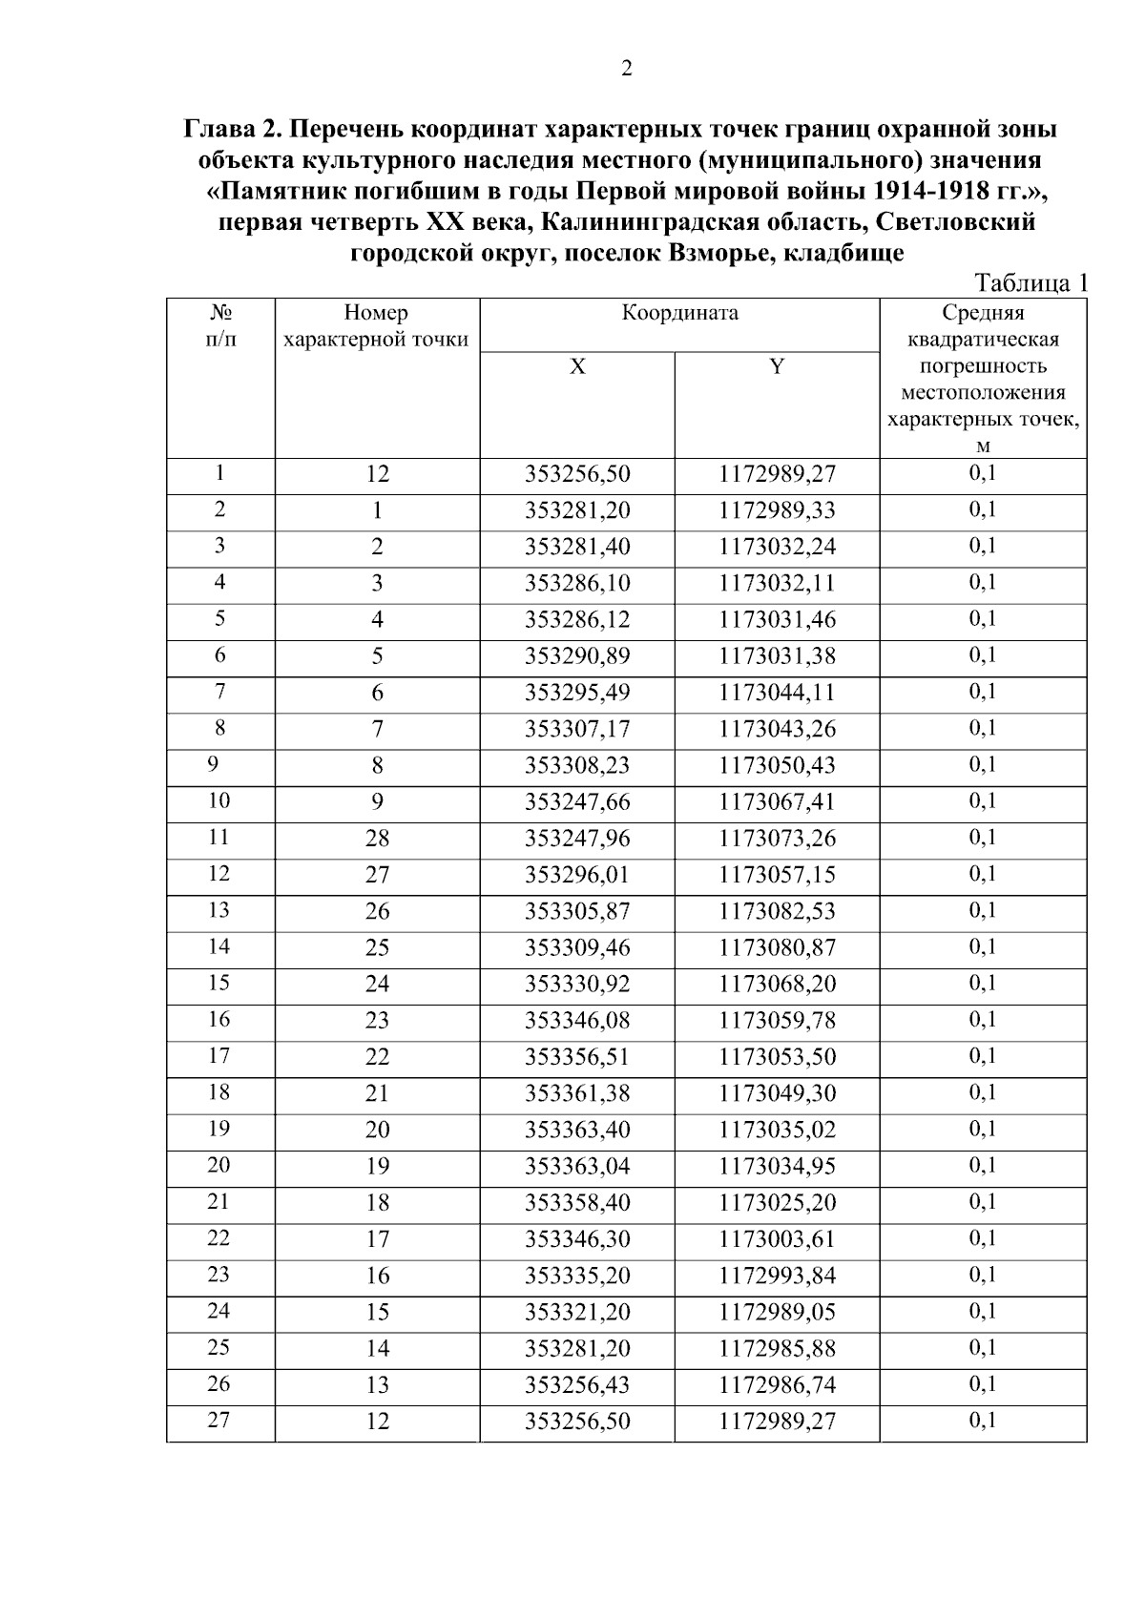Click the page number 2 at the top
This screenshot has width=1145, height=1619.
click(x=627, y=69)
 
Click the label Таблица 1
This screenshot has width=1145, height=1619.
click(x=1030, y=283)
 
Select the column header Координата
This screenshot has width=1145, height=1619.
click(x=679, y=313)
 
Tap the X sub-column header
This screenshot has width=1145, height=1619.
click(x=577, y=367)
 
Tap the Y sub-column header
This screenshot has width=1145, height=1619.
click(x=777, y=367)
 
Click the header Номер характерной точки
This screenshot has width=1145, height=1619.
click(x=377, y=326)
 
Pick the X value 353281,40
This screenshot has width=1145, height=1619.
click(x=577, y=547)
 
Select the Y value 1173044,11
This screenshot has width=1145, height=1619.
click(x=777, y=693)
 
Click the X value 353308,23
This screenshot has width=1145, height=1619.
click(x=577, y=765)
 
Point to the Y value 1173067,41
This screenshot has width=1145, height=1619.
click(x=777, y=801)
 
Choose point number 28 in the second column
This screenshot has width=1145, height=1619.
click(x=377, y=839)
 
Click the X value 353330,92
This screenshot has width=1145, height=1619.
click(x=577, y=984)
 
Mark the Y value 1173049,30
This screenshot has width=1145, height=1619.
click(x=777, y=1093)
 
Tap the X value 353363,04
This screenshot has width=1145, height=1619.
click(x=577, y=1166)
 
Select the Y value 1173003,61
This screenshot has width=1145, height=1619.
click(x=777, y=1239)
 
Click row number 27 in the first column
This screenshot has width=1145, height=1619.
click(x=219, y=1421)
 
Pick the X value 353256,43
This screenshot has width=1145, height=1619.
click(x=577, y=1384)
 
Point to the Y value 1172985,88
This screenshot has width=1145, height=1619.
click(x=777, y=1348)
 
